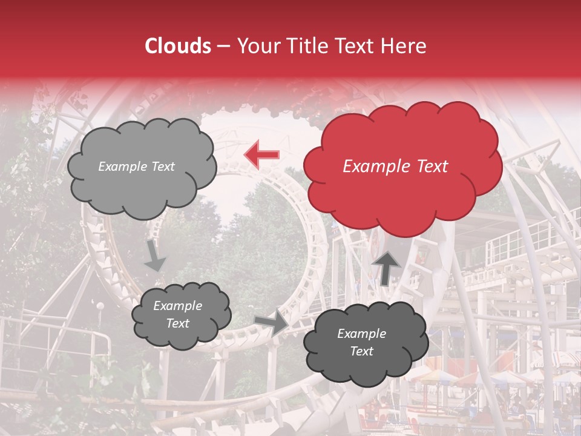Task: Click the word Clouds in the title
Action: pos(178,46)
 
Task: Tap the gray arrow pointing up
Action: pos(387,267)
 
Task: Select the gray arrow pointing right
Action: pos(272,323)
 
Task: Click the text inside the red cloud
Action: pos(395,167)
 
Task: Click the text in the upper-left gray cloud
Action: pos(136,167)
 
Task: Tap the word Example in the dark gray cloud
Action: pos(361,334)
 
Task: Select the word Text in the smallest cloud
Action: pos(177,323)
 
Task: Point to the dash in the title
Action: pos(223,46)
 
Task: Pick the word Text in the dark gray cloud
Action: pos(361,351)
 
